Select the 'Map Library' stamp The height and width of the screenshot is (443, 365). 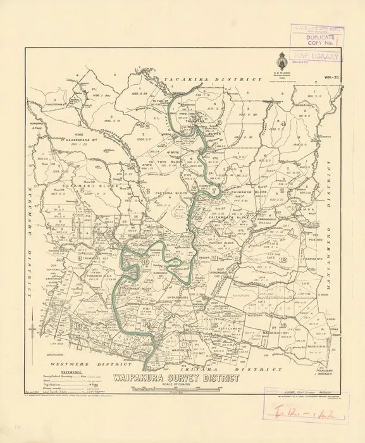pos(315,56)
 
